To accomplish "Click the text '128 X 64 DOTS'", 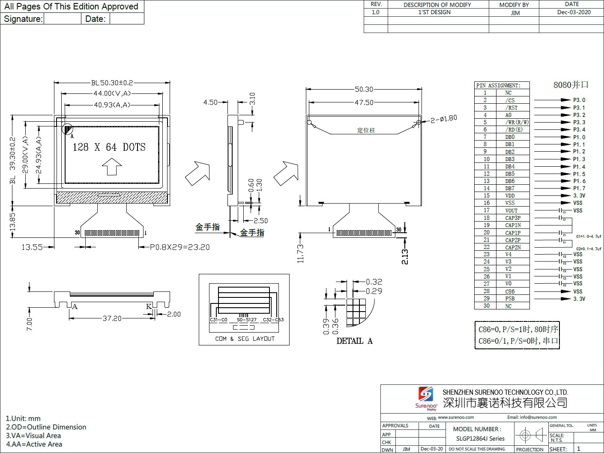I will tap(109, 147).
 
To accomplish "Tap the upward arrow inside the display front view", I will tap(112, 166).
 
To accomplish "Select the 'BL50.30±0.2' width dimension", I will tap(112, 83).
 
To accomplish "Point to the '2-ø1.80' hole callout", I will tap(444, 119).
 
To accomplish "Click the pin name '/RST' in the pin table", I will tap(511, 108).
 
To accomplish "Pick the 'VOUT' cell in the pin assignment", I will tap(511, 210).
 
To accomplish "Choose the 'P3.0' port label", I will tap(579, 100).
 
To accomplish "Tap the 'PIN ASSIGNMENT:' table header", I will tap(498, 85).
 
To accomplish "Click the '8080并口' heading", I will tap(571, 85).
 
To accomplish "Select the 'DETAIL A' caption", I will tap(354, 341).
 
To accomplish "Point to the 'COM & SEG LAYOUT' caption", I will tap(245, 339).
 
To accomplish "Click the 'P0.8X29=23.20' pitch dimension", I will tap(179, 247).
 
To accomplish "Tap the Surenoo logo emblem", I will tap(425, 394).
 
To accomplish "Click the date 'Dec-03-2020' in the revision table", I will tap(574, 12).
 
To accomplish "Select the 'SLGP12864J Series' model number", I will tap(480, 438).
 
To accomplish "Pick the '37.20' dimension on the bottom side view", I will tap(112, 318).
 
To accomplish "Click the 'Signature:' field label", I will tap(23, 19).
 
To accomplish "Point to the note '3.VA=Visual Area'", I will tap(33, 436).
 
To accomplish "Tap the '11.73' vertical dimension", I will tap(300, 253).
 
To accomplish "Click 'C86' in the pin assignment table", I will tap(510, 291).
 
